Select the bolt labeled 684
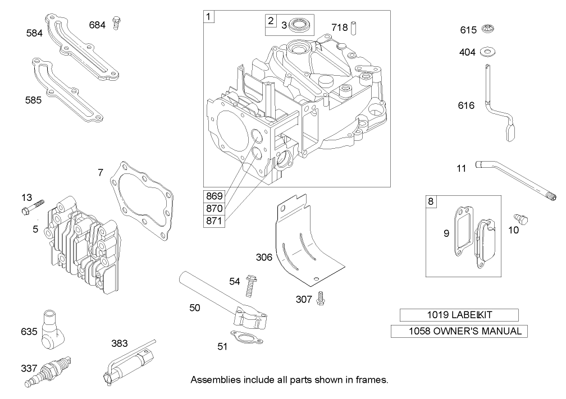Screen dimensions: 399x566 pyautogui.click(x=117, y=23)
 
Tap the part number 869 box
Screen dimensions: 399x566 pyautogui.click(x=214, y=196)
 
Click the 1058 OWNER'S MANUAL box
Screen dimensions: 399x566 pyautogui.click(x=459, y=331)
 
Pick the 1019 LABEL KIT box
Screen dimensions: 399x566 pyautogui.click(x=459, y=315)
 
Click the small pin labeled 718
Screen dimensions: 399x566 pyautogui.click(x=354, y=27)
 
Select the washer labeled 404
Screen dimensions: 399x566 pyautogui.click(x=487, y=52)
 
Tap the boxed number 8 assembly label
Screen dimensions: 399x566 pyautogui.click(x=431, y=201)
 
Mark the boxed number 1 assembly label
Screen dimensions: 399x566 pyautogui.click(x=209, y=16)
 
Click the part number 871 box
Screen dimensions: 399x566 pyautogui.click(x=214, y=221)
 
